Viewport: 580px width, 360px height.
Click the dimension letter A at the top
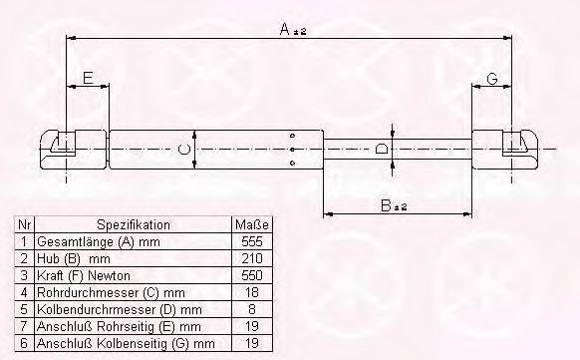click(x=285, y=29)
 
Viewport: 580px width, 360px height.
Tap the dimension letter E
click(x=88, y=78)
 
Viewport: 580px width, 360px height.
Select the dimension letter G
click(x=492, y=79)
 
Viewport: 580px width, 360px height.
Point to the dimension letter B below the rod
click(x=386, y=205)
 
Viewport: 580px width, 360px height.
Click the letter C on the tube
click(x=184, y=150)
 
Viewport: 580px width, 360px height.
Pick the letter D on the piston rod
click(x=382, y=150)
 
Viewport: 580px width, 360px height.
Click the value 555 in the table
click(x=252, y=241)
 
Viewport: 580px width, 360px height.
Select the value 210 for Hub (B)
click(x=252, y=258)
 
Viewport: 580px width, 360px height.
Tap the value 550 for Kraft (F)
click(x=252, y=275)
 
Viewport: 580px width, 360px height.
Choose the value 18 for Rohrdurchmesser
click(x=252, y=292)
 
